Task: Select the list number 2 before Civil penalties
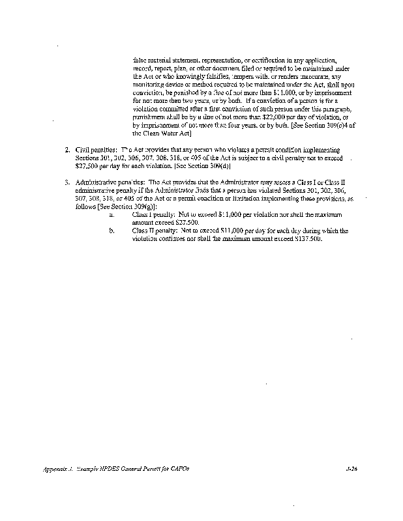pyautogui.click(x=68, y=150)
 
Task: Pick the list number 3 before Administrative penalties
pyautogui.click(x=68, y=183)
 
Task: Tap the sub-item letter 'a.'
pyautogui.click(x=112, y=214)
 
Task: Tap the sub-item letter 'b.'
pyautogui.click(x=112, y=231)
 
